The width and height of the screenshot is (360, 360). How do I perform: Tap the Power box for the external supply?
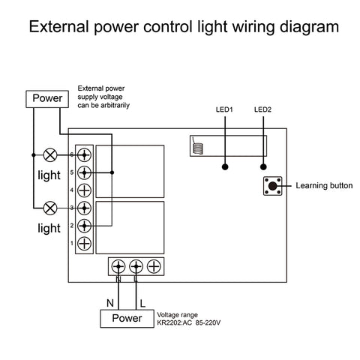pos(46,98)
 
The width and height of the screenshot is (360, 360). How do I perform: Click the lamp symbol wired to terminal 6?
pos(51,155)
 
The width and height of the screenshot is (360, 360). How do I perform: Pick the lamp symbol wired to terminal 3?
pos(51,207)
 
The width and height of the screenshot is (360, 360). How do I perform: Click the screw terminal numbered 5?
pos(85,173)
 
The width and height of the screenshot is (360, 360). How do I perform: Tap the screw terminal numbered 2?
pos(85,225)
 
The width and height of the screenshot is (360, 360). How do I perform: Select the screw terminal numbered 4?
pos(85,190)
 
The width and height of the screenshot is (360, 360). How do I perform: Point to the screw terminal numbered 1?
pos(85,243)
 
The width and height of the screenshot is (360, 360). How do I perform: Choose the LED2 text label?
pos(262,110)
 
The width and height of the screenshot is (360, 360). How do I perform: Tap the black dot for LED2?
pos(262,166)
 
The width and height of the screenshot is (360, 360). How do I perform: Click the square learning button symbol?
pos(273,185)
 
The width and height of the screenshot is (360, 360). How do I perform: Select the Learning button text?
pos(325,185)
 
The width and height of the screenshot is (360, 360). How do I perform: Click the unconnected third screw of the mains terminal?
pos(154,265)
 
